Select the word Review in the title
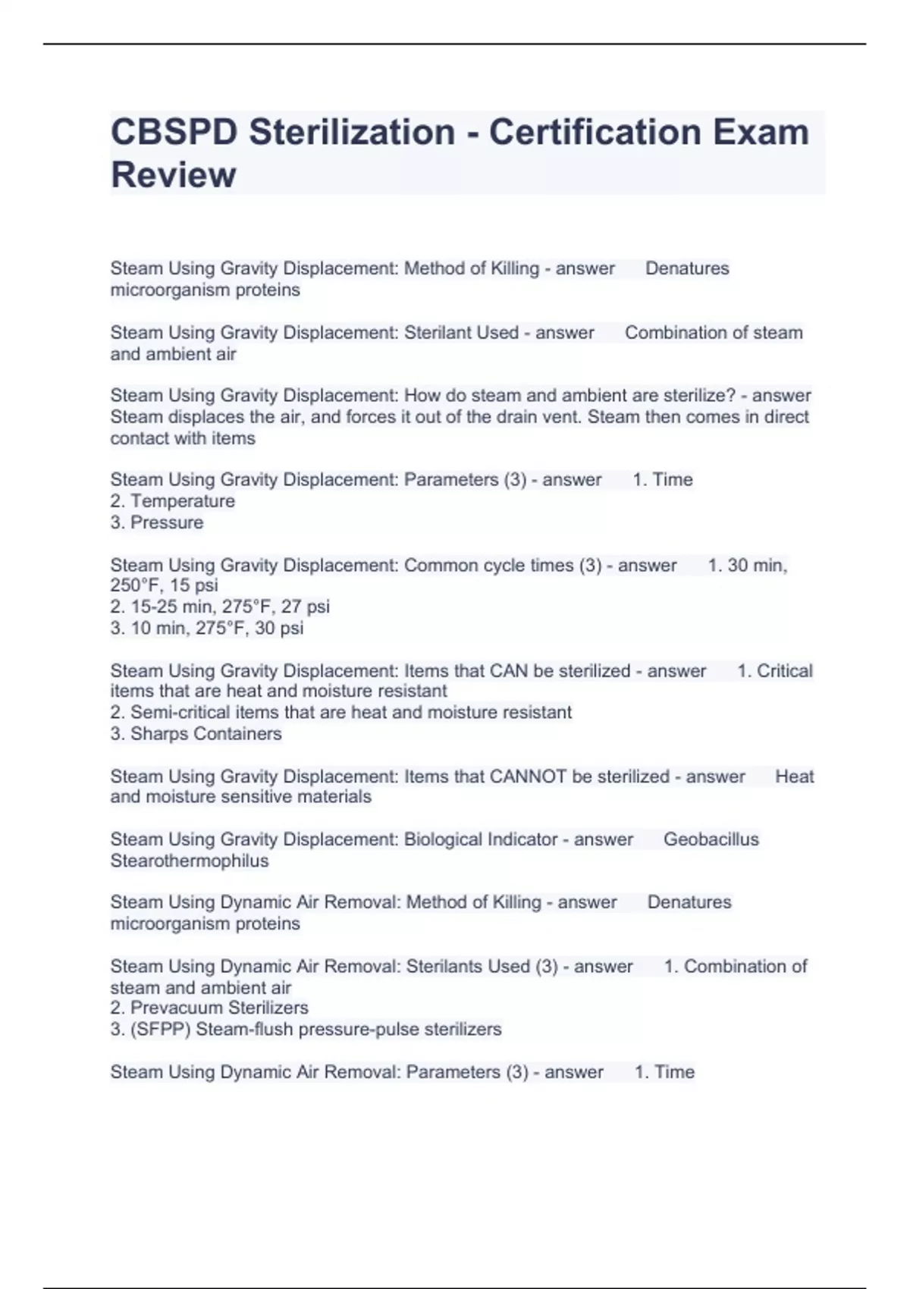coord(173,175)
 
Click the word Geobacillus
coord(711,839)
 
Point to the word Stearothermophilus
coord(189,861)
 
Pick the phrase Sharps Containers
coord(206,733)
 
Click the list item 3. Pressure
coord(157,522)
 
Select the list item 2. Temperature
coord(173,501)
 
